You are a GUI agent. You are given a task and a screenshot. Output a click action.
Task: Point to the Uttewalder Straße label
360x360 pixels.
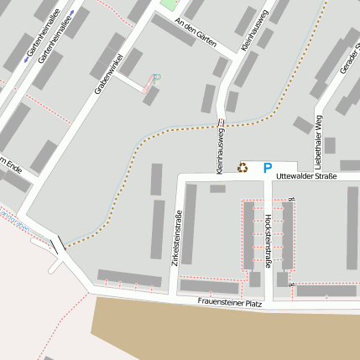coord(306,175)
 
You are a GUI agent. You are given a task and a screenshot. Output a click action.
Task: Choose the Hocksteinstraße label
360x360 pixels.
coord(267,240)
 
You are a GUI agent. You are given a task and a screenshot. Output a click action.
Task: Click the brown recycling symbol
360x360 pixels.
coord(243,168)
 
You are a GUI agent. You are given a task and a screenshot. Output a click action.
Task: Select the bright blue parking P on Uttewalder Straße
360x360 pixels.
coord(267,169)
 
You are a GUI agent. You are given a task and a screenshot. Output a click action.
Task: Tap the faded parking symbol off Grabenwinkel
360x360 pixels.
coord(156,78)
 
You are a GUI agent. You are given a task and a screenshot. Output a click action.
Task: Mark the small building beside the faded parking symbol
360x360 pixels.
coord(149,94)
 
